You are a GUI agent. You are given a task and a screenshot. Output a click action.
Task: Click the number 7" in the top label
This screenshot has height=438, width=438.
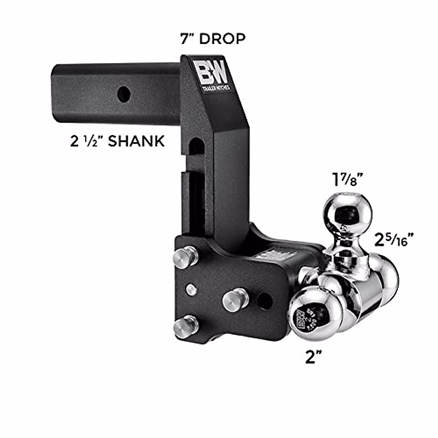coord(188,39)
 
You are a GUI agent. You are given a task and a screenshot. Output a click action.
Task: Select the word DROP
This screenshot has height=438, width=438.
coord(222,39)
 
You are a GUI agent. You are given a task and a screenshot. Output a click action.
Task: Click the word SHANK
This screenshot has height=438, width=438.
coord(136,141)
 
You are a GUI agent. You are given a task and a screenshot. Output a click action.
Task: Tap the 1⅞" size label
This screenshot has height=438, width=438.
coord(347,180)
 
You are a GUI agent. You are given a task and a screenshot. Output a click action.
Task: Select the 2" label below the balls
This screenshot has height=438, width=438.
coord(315,357)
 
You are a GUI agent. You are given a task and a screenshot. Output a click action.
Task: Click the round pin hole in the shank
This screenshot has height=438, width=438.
coord(124,95)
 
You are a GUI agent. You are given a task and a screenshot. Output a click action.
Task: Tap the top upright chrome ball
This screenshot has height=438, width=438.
coord(347,211)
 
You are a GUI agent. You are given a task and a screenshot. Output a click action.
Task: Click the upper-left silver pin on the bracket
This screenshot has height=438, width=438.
coord(185,257)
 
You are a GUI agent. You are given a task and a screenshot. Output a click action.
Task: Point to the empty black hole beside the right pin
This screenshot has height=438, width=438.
coord(265,301)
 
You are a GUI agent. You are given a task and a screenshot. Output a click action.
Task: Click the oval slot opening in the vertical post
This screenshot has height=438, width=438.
coord(196,147)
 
